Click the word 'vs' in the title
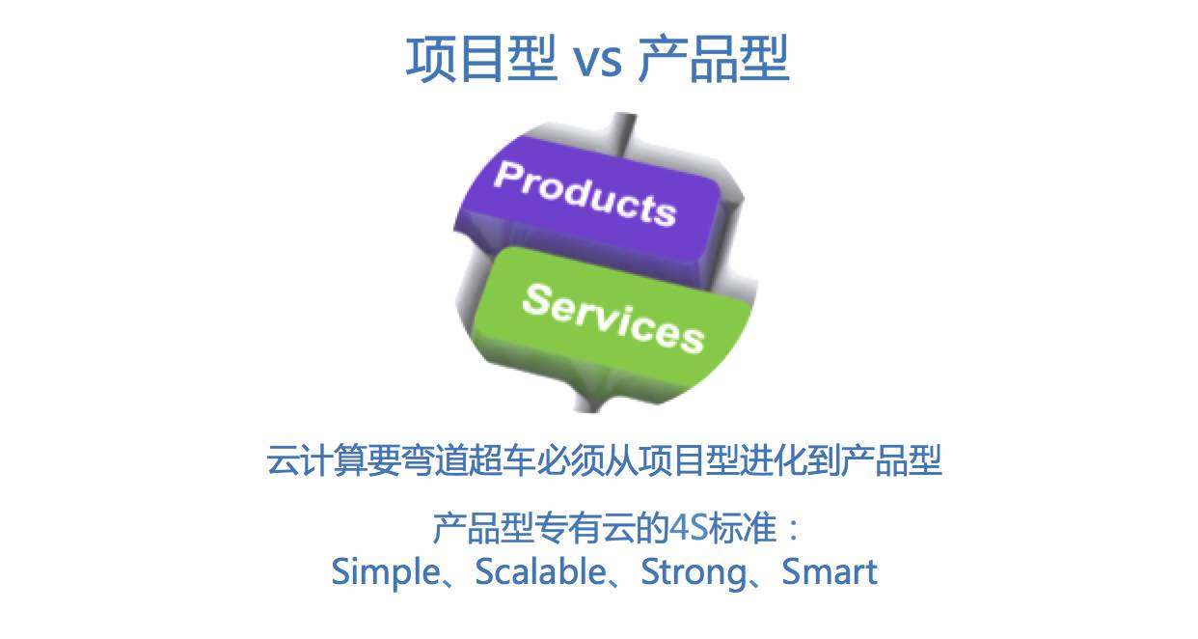pos(597,60)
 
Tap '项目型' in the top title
pos(481,58)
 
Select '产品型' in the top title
pos(714,58)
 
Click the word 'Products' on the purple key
pos(585,193)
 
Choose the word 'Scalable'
pos(540,571)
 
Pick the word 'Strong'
pos(694,572)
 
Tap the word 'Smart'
pos(829,571)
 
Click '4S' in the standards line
pos(689,528)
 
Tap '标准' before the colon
pos(743,528)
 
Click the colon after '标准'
pos(794,529)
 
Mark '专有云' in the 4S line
pos(586,528)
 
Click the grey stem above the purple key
pos(624,133)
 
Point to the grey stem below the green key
pos(591,399)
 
